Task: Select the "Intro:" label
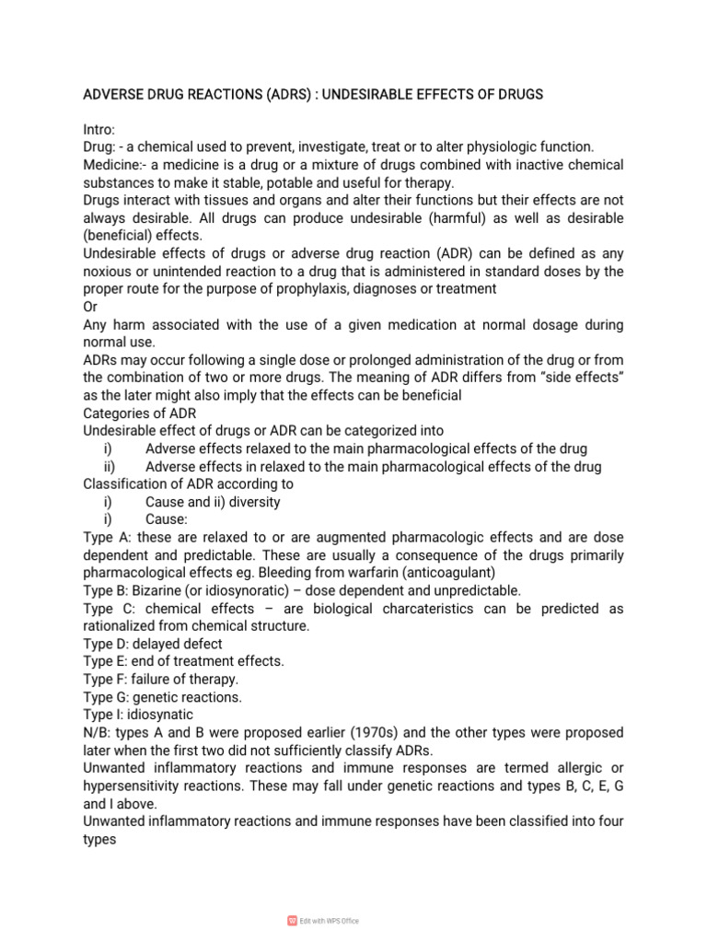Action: [99, 130]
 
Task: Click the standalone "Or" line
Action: [91, 307]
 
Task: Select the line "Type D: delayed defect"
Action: [153, 644]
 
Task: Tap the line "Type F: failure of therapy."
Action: [161, 679]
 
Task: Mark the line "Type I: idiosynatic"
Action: [139, 715]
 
